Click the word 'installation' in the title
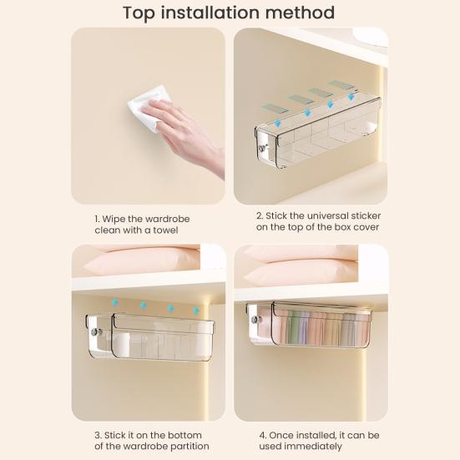(x=211, y=13)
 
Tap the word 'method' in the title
(x=300, y=13)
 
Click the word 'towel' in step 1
(x=165, y=230)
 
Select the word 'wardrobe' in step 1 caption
(x=167, y=219)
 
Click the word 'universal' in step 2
(x=328, y=215)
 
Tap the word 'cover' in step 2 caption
(x=366, y=227)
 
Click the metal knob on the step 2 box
(x=262, y=149)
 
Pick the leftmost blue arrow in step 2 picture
(x=276, y=124)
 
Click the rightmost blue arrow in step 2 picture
(x=351, y=97)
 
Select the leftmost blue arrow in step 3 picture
(x=115, y=302)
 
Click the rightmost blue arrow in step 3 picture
(x=195, y=311)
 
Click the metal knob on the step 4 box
(x=255, y=320)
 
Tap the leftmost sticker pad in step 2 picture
(x=275, y=109)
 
